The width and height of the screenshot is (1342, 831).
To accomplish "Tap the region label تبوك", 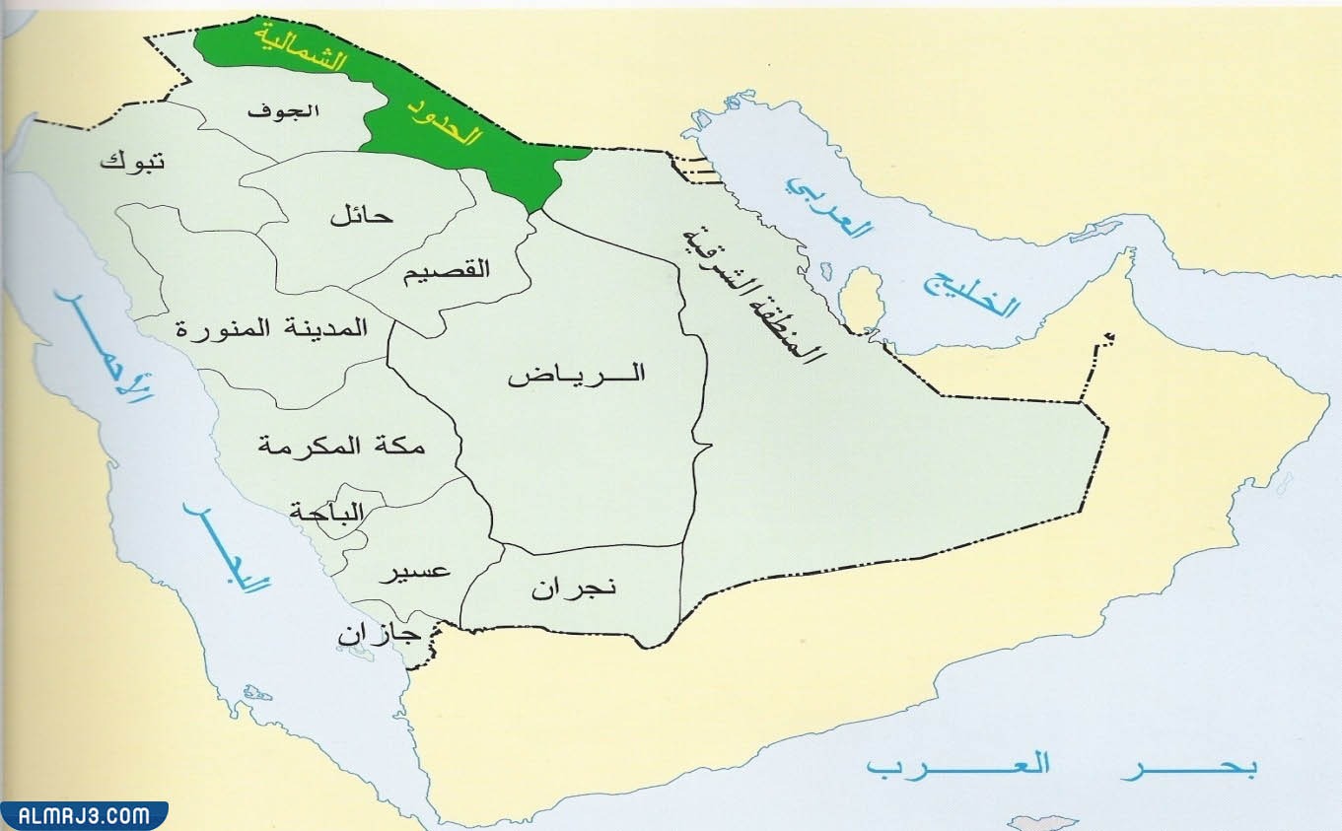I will click(x=132, y=161).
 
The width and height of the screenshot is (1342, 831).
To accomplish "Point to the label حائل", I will click(x=362, y=215).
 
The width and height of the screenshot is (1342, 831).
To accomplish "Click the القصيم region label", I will click(x=446, y=269).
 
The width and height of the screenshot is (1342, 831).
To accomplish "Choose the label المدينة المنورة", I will click(x=272, y=328).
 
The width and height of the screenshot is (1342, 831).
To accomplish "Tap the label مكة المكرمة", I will click(x=341, y=446).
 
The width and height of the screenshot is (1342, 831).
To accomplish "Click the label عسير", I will click(x=415, y=572).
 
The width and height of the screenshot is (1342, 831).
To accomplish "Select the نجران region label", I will click(x=574, y=589).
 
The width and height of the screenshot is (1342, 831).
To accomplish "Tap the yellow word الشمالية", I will click(x=301, y=45).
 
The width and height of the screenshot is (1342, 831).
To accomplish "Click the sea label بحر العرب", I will click(x=1060, y=766).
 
